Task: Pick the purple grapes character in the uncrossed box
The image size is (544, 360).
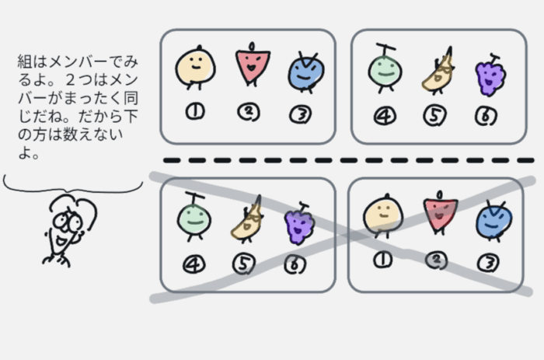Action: pyautogui.click(x=490, y=76)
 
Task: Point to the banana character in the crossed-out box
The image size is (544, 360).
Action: pyautogui.click(x=247, y=222)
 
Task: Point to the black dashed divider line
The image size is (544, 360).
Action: pyautogui.click(x=342, y=161)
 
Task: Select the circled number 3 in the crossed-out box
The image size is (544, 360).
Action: pyautogui.click(x=488, y=263)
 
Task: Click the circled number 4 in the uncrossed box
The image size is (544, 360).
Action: pyautogui.click(x=384, y=117)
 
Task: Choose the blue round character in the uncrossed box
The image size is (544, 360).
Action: pyautogui.click(x=302, y=72)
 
